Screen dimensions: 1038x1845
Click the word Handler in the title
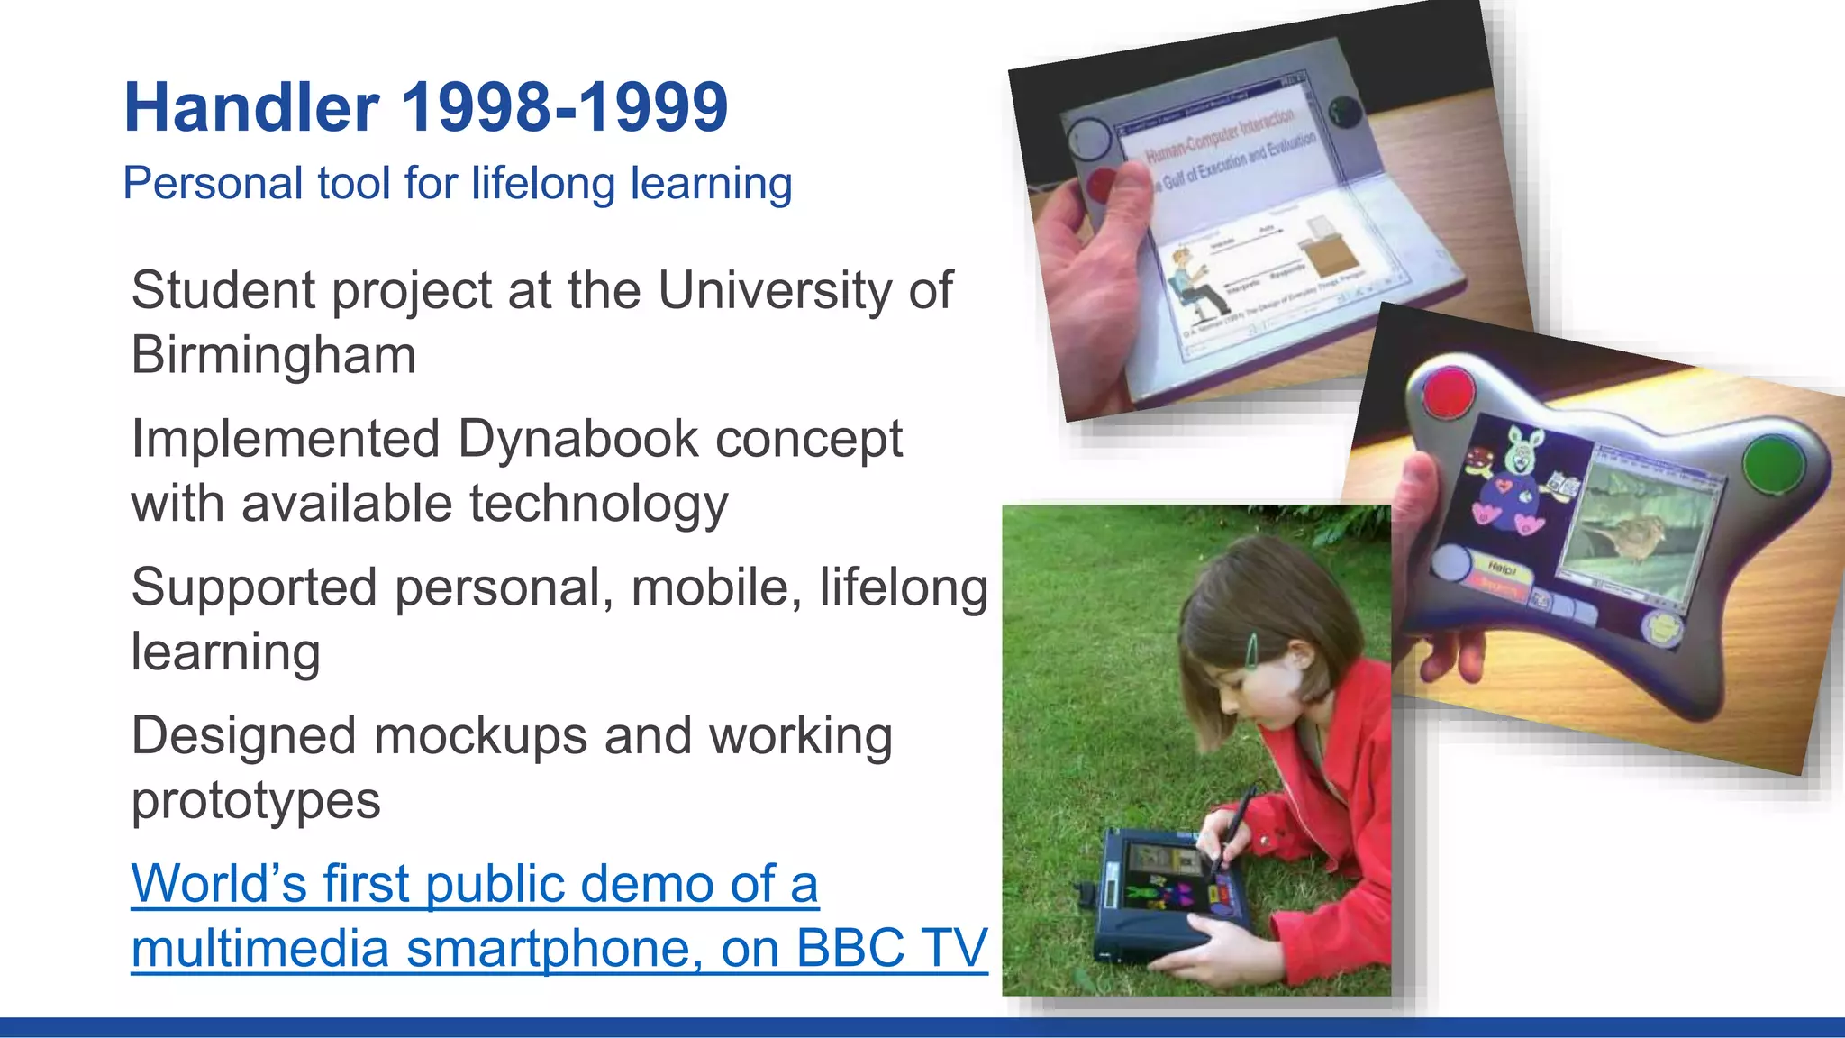tap(251, 108)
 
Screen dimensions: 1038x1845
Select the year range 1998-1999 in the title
tap(564, 108)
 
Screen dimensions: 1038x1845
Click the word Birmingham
tap(274, 355)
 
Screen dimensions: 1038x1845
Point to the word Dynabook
tap(578, 440)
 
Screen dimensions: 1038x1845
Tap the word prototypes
tap(256, 801)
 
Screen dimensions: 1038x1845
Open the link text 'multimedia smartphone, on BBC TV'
tap(559, 949)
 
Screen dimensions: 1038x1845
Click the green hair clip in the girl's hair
tap(1250, 651)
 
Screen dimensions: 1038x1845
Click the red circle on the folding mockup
tap(1101, 185)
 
